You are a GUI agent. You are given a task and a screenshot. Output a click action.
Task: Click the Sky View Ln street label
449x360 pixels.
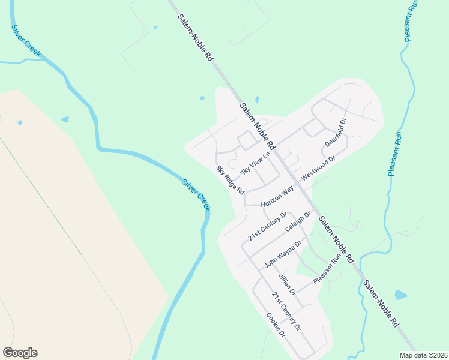pos(255,163)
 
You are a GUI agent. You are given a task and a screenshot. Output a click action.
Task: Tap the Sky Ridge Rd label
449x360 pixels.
pos(231,179)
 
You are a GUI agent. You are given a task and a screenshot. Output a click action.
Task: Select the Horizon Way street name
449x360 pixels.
pos(277,197)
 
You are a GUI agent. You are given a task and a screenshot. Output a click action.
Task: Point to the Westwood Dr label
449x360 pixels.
pos(318,167)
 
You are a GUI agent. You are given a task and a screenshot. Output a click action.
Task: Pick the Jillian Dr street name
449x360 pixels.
pos(287,284)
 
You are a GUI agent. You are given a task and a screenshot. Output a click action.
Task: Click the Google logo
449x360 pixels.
pos(20,353)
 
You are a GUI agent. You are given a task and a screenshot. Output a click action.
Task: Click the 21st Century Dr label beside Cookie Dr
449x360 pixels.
pos(286,313)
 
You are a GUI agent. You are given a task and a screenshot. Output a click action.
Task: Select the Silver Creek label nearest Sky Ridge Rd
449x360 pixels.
pos(196,194)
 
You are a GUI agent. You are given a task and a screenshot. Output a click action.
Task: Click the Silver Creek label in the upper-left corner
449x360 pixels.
pos(26,41)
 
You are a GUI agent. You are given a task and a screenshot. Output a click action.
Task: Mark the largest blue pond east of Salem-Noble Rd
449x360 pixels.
pos(400,295)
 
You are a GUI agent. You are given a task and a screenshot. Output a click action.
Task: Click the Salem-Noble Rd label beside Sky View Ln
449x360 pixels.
pos(257,127)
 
